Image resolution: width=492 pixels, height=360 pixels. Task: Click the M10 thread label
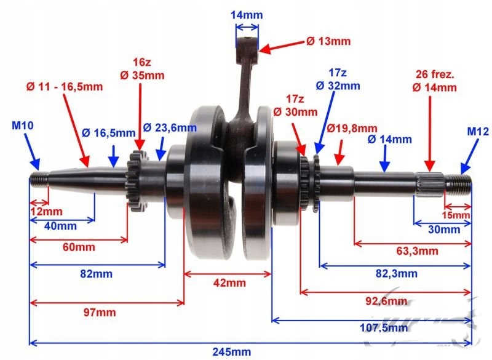tap(23, 126)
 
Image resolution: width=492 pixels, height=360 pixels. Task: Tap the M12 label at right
tap(478, 132)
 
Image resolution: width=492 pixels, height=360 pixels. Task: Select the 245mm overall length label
tap(232, 352)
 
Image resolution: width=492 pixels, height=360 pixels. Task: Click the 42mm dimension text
tap(229, 283)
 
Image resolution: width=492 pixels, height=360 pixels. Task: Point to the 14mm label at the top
tap(247, 15)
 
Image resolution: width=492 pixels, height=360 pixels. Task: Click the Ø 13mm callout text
tap(328, 41)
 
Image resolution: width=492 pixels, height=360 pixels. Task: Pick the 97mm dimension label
tap(100, 312)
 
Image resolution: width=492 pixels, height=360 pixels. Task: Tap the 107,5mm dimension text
tap(384, 328)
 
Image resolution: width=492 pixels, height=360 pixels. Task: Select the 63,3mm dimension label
tap(417, 251)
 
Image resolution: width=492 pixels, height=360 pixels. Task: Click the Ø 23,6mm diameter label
tap(170, 127)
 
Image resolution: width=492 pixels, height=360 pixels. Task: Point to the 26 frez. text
tap(435, 74)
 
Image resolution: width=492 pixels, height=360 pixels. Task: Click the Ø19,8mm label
tap(352, 128)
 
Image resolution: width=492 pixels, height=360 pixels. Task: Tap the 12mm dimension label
tap(47, 211)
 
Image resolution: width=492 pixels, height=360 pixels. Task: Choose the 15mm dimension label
tap(456, 215)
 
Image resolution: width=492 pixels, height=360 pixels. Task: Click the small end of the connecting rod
tap(247, 43)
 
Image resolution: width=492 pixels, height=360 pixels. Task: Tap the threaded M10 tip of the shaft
tap(39, 179)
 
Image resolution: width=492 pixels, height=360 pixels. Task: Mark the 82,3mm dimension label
tap(397, 274)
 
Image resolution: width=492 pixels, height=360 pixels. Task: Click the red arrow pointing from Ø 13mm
tap(282, 45)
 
